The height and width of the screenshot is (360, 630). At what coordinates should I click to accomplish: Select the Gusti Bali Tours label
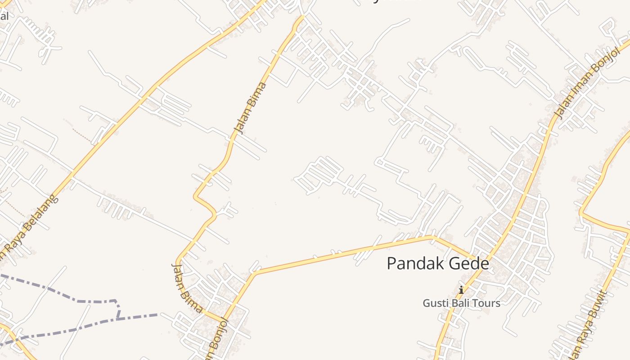click(461, 303)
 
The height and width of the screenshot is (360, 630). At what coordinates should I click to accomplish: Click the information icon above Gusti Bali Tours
click(461, 290)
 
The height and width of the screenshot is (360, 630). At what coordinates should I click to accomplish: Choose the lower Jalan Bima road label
click(186, 288)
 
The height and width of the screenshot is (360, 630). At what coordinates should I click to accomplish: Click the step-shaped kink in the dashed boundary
click(118, 310)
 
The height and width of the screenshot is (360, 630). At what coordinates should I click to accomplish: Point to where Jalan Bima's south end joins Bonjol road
click(224, 320)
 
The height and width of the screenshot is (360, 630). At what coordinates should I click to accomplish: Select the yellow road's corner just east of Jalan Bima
click(255, 273)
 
